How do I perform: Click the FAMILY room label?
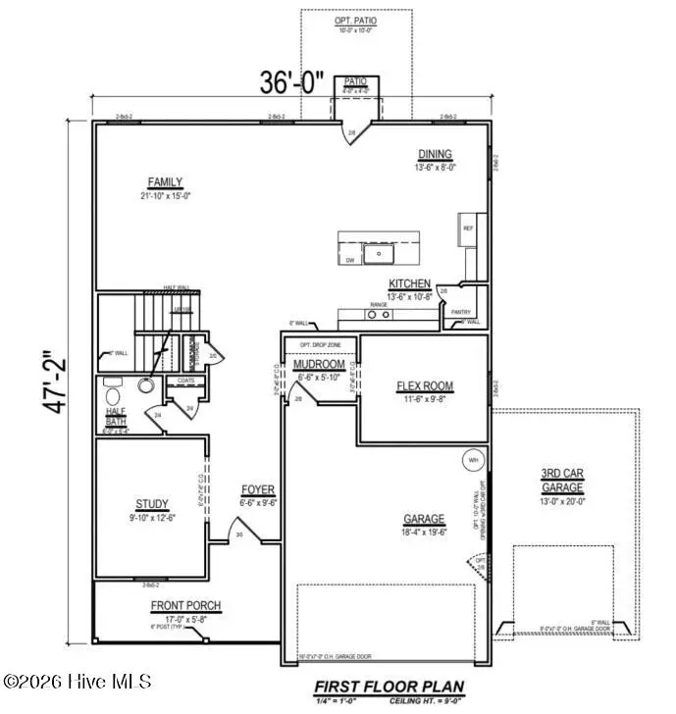click(165, 181)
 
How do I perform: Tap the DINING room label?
click(435, 154)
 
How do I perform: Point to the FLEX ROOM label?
click(424, 386)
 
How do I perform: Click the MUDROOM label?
click(318, 365)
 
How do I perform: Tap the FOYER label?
click(258, 489)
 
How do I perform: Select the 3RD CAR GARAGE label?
click(562, 481)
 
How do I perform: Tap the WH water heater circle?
click(473, 459)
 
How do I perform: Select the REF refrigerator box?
click(467, 229)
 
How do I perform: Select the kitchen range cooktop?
click(377, 314)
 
